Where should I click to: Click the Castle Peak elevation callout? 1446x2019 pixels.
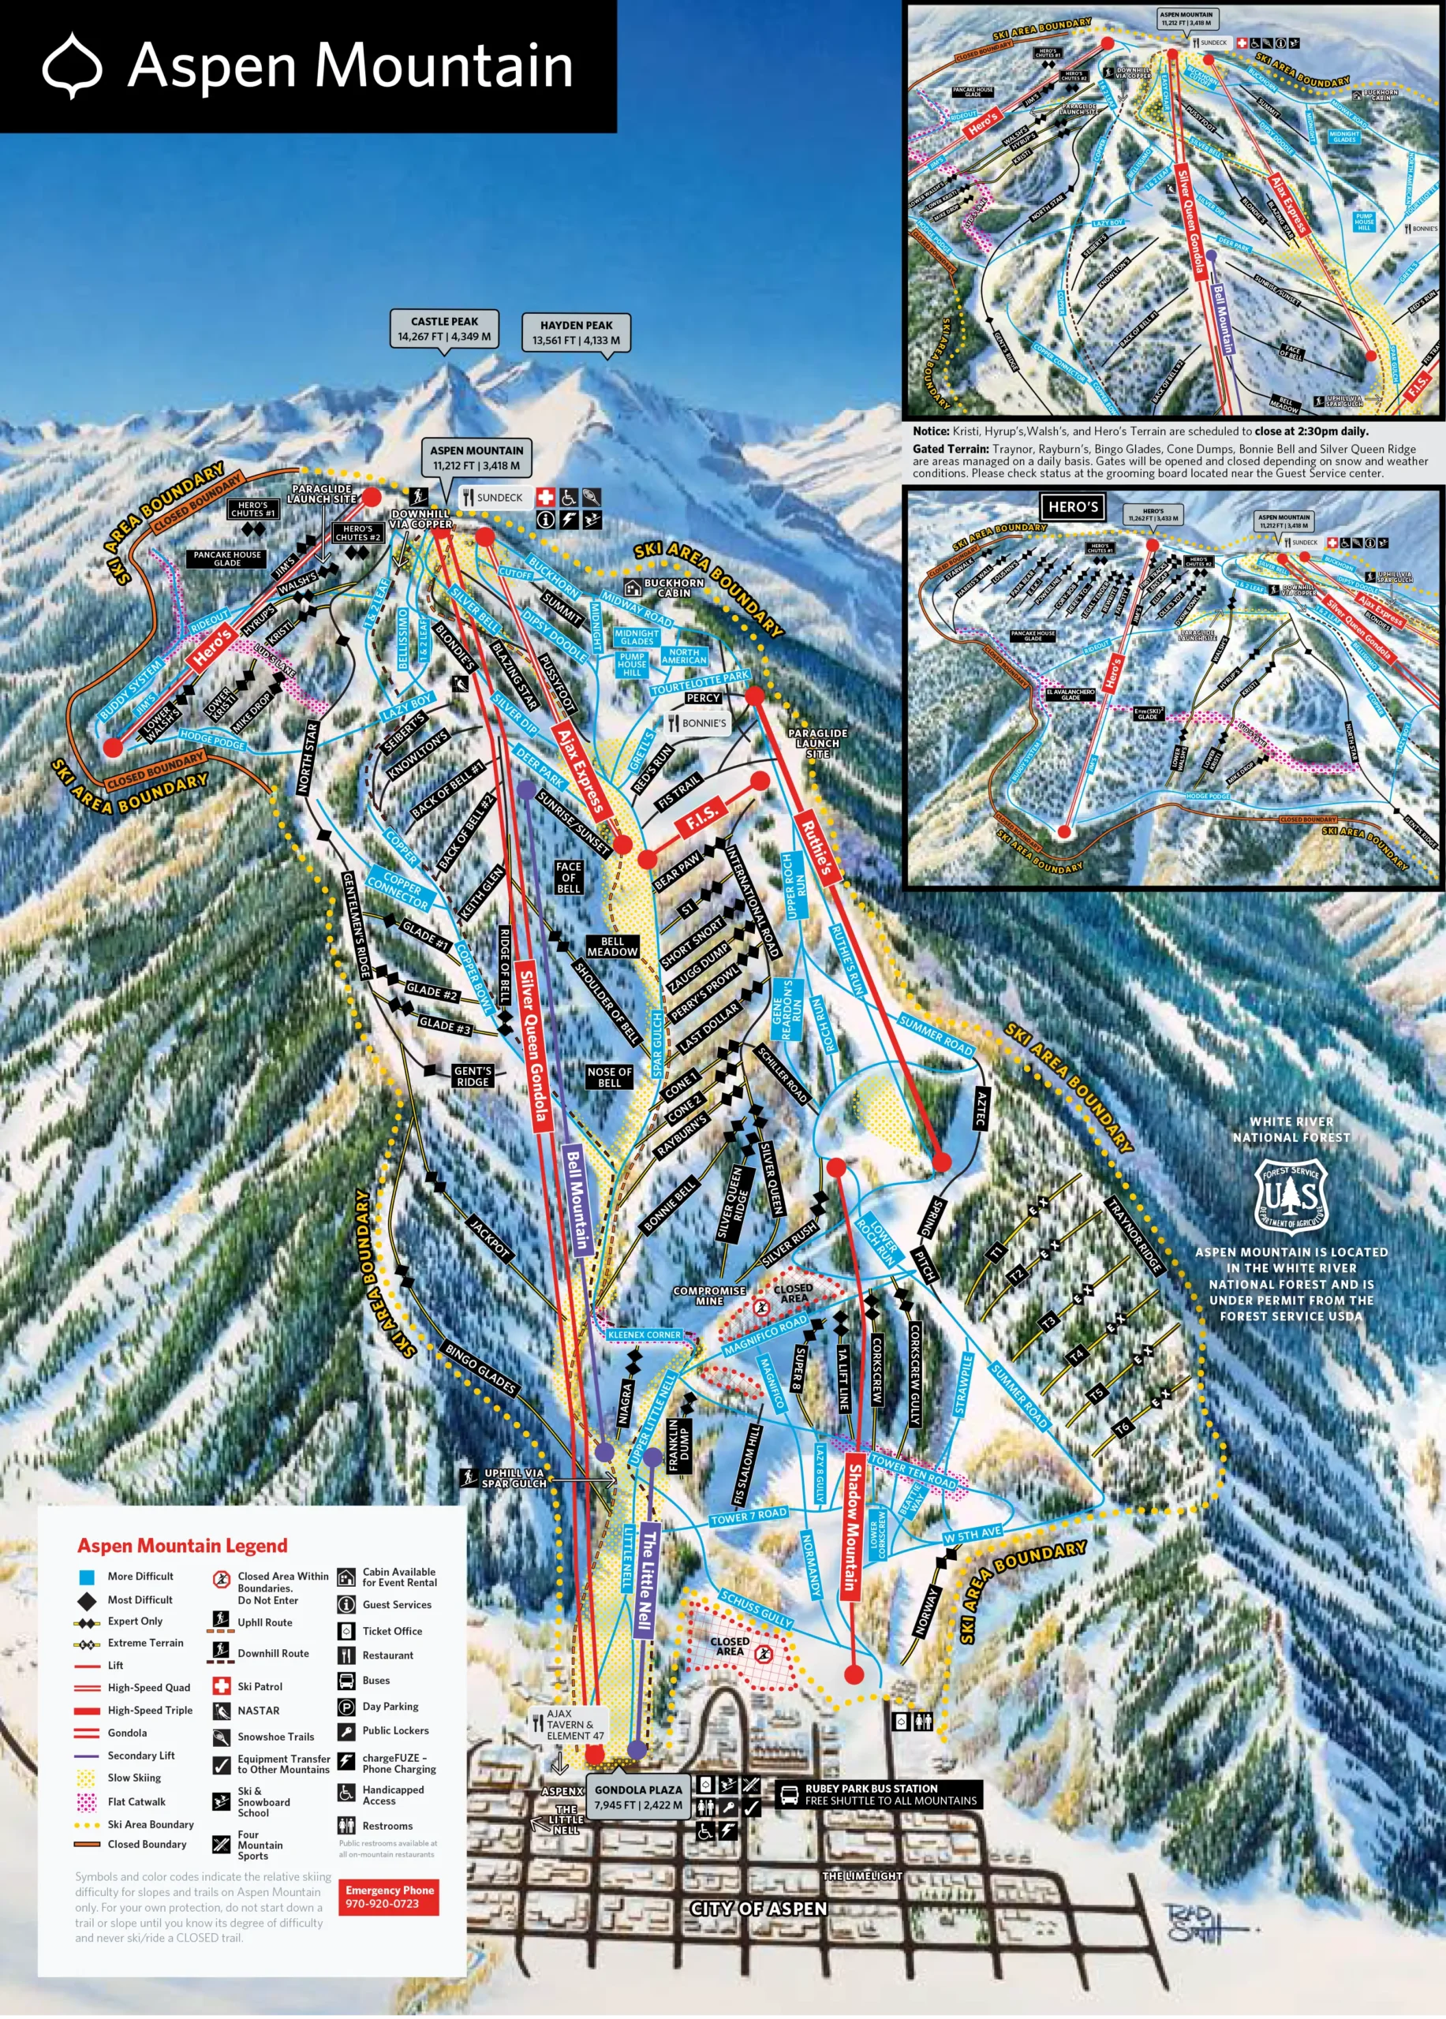(x=444, y=330)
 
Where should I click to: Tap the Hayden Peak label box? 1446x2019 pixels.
(x=576, y=333)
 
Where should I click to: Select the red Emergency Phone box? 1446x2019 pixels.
(x=390, y=1896)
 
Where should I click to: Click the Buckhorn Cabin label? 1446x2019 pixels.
(x=673, y=588)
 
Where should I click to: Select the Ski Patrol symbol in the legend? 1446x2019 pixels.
(x=222, y=1686)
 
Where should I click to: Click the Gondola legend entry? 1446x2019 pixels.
(x=127, y=1733)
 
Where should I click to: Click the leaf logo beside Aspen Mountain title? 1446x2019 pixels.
(x=72, y=65)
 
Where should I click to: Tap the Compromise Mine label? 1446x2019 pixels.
(x=708, y=1295)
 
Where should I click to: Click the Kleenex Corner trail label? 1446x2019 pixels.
(x=644, y=1334)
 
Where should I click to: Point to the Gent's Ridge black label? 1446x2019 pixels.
(x=472, y=1077)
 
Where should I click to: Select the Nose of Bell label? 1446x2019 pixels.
(x=609, y=1077)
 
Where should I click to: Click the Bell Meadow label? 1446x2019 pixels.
(x=613, y=946)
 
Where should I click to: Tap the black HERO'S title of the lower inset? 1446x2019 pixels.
(x=1073, y=506)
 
